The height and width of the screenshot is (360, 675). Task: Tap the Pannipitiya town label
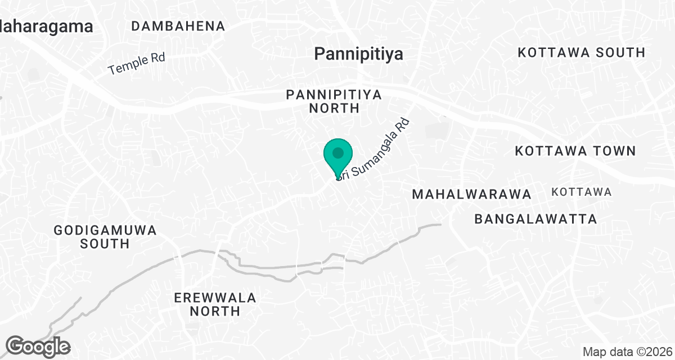tap(358, 54)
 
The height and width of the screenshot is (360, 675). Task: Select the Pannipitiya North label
tap(334, 101)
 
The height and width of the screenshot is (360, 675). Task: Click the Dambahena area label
tap(178, 26)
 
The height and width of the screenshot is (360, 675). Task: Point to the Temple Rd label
tap(136, 64)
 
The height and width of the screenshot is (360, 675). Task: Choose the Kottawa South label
tap(581, 52)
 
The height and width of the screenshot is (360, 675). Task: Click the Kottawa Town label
tap(575, 151)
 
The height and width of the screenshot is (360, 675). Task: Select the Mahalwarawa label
tap(471, 194)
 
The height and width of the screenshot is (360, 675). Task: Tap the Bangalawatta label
tap(535, 219)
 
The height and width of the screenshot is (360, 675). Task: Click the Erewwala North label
tap(215, 304)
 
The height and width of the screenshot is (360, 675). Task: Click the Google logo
tap(38, 346)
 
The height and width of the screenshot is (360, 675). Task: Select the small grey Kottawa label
tap(582, 192)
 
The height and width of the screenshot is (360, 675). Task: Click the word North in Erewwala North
tap(215, 311)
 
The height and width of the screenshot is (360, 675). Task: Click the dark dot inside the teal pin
tap(338, 152)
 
